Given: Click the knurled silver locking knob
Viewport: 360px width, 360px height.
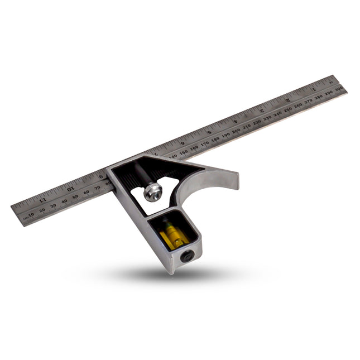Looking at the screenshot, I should tap(152, 193).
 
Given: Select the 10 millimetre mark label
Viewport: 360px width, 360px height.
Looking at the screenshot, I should tap(31, 213).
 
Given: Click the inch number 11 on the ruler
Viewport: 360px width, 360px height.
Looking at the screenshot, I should tap(42, 198).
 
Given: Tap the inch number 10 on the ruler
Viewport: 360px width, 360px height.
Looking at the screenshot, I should tap(70, 189).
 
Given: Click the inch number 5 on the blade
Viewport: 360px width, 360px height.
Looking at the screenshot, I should tap(209, 133).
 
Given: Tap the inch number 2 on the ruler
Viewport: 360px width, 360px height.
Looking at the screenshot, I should tap(287, 100).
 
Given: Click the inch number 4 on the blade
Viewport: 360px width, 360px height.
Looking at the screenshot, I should tap(235, 122).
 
